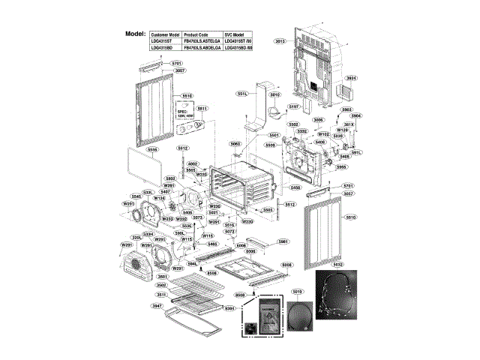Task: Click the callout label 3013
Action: [x=280, y=42]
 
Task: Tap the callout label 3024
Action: [x=351, y=78]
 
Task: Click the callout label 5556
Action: [x=153, y=149]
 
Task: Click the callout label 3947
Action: [x=157, y=306]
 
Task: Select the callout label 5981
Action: [x=283, y=241]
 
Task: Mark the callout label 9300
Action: [x=250, y=251]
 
